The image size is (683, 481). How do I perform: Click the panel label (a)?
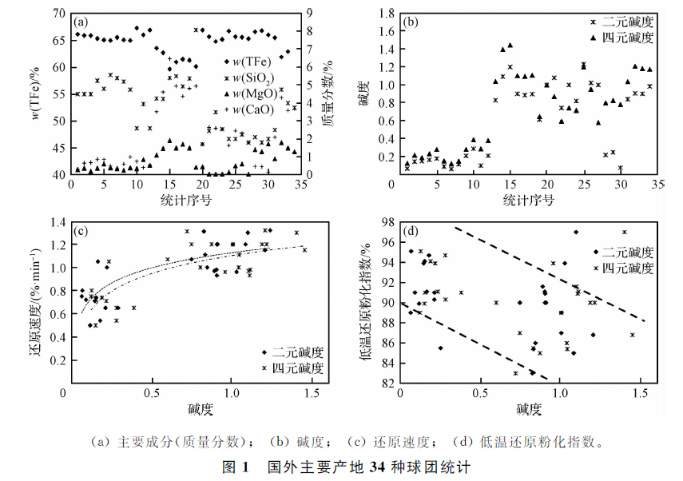click(81, 22)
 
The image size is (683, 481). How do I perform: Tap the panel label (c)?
click(81, 232)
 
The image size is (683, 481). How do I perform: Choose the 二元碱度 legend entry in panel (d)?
click(629, 251)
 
